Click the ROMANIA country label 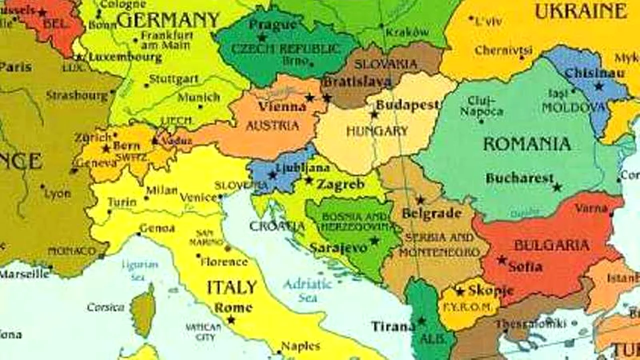click(526, 144)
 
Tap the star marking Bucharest click(557, 187)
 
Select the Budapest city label click(407, 105)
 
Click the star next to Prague click(261, 37)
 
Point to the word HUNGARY click(377, 131)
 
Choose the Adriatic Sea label click(307, 290)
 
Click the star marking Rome click(231, 319)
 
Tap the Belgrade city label click(431, 213)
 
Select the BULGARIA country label click(551, 245)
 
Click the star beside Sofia click(502, 260)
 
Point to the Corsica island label click(105, 307)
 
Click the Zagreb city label click(340, 184)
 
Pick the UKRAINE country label click(580, 11)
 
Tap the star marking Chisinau click(598, 86)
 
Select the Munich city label click(199, 97)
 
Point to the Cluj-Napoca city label click(482, 106)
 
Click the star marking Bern click(106, 148)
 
